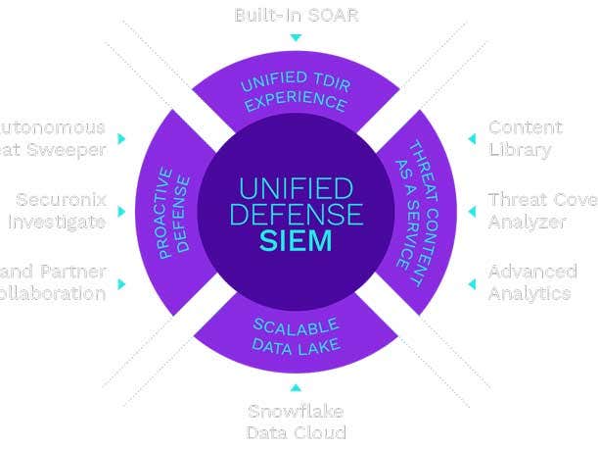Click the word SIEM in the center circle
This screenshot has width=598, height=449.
coord(297,241)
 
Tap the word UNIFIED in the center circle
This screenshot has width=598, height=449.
coord(296,186)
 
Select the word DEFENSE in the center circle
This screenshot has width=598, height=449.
coord(296,213)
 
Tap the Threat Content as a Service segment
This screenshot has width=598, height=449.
coord(414,212)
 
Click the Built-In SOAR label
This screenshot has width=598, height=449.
coord(296,16)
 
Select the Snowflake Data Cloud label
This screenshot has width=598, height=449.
coord(296,422)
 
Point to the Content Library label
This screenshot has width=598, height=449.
coord(526,138)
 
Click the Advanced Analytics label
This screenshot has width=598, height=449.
coord(531,282)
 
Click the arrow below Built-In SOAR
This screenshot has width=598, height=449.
coord(296,38)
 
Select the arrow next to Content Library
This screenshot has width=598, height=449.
coord(471,139)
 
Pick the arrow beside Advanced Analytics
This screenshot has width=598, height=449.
coord(471,283)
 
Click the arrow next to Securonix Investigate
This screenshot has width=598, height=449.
coord(121,211)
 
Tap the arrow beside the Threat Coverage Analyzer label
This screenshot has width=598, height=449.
coord(471,211)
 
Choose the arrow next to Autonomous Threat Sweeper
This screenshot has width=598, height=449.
coord(121,139)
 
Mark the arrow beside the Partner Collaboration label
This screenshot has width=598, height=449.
coord(121,283)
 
